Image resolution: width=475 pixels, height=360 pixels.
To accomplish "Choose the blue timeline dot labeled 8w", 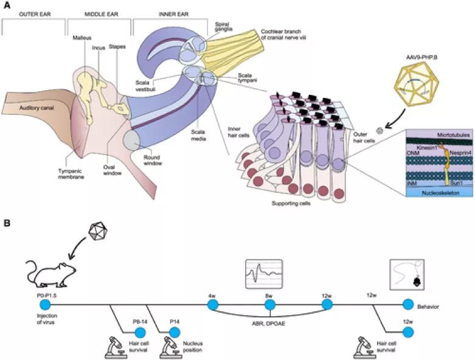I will (x=269, y=304).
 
